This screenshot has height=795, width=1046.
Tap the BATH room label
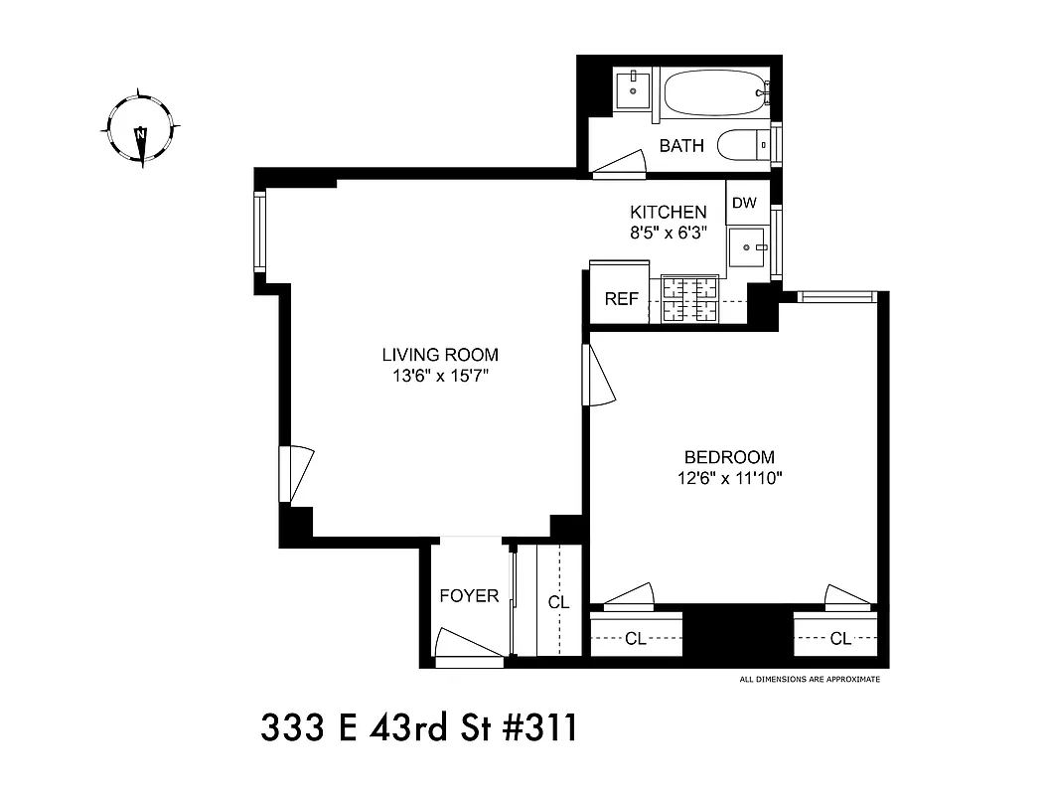681,146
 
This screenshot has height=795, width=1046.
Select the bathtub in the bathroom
711,95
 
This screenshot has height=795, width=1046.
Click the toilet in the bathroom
741,145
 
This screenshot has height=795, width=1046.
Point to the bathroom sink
630,92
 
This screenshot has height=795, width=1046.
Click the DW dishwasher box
744,204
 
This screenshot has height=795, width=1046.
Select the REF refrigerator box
621,299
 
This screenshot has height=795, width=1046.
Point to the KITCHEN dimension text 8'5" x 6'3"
669,233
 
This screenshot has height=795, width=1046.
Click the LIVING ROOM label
440,355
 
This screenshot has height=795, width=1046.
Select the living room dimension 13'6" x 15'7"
440,376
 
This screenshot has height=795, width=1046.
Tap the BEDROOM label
729,457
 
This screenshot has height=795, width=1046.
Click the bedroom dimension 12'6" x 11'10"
729,478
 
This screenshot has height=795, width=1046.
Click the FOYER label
469,596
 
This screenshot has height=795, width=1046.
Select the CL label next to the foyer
558,602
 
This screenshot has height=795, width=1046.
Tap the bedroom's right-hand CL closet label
840,639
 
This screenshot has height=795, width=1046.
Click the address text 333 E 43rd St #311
418,729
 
